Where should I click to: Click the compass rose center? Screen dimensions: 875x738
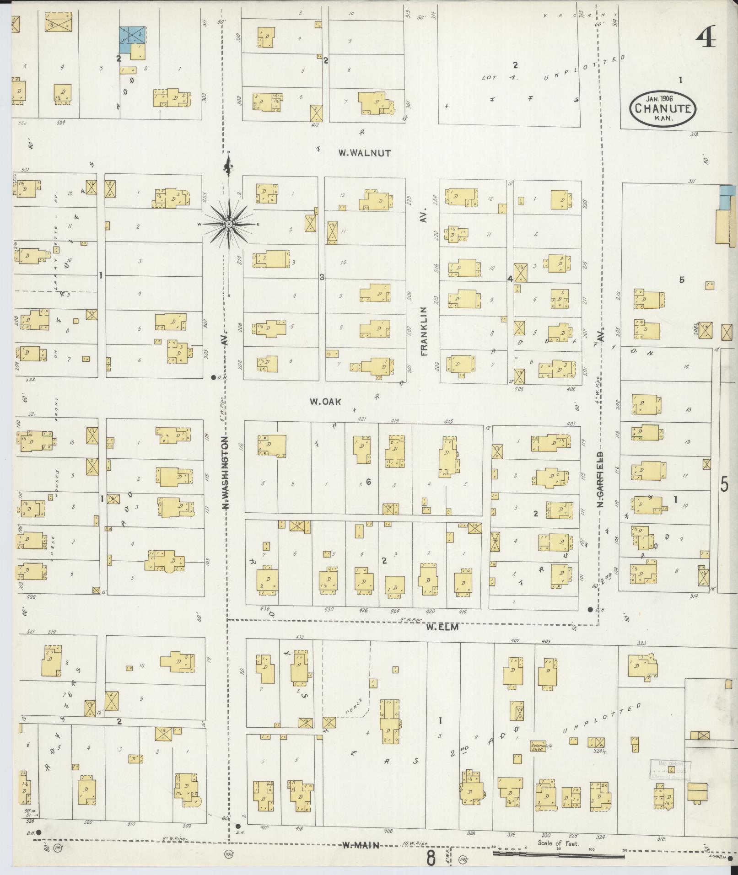228,224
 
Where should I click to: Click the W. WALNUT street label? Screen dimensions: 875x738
365,153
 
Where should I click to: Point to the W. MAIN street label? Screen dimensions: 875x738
361,846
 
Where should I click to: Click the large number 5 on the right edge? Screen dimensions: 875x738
724,484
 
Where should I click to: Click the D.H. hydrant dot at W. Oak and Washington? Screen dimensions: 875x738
213,377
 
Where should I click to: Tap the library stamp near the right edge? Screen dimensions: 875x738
670,770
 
